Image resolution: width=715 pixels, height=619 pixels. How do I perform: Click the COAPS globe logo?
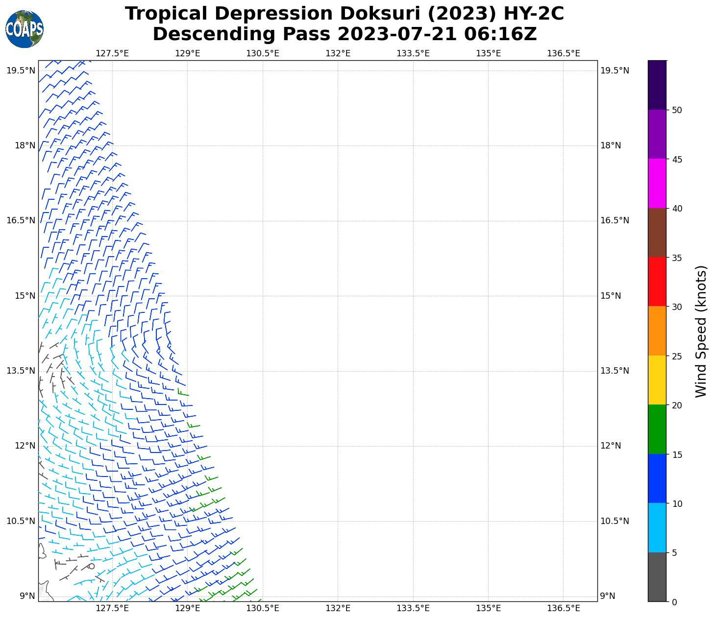[x=25, y=29]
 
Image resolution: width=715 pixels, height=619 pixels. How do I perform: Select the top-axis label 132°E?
[x=338, y=53]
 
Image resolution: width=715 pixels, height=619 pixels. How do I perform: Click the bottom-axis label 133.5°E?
[x=413, y=608]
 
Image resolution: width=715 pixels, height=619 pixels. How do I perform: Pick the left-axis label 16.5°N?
[x=21, y=220]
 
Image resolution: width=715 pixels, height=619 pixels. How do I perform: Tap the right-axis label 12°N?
[x=611, y=446]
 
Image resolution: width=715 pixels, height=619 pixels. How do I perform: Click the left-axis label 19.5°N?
[x=21, y=71]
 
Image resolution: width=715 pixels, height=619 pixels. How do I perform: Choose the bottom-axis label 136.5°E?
[x=564, y=608]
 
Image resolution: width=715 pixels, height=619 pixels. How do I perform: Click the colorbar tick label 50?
[x=677, y=110]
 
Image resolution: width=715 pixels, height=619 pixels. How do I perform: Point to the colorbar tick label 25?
[x=677, y=356]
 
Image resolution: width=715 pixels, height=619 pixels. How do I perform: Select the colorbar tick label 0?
[x=674, y=602]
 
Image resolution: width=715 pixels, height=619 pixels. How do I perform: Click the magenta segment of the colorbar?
[x=657, y=183]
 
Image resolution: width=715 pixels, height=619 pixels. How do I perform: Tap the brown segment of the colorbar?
[x=657, y=233]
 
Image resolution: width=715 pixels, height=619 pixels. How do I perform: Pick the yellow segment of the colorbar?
[x=657, y=380]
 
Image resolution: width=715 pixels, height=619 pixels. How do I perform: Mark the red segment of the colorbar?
[x=657, y=282]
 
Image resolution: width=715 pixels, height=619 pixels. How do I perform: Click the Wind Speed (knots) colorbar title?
[x=701, y=331]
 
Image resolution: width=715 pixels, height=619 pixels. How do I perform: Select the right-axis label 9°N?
[x=608, y=596]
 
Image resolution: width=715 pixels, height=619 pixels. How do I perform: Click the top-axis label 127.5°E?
[x=112, y=53]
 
